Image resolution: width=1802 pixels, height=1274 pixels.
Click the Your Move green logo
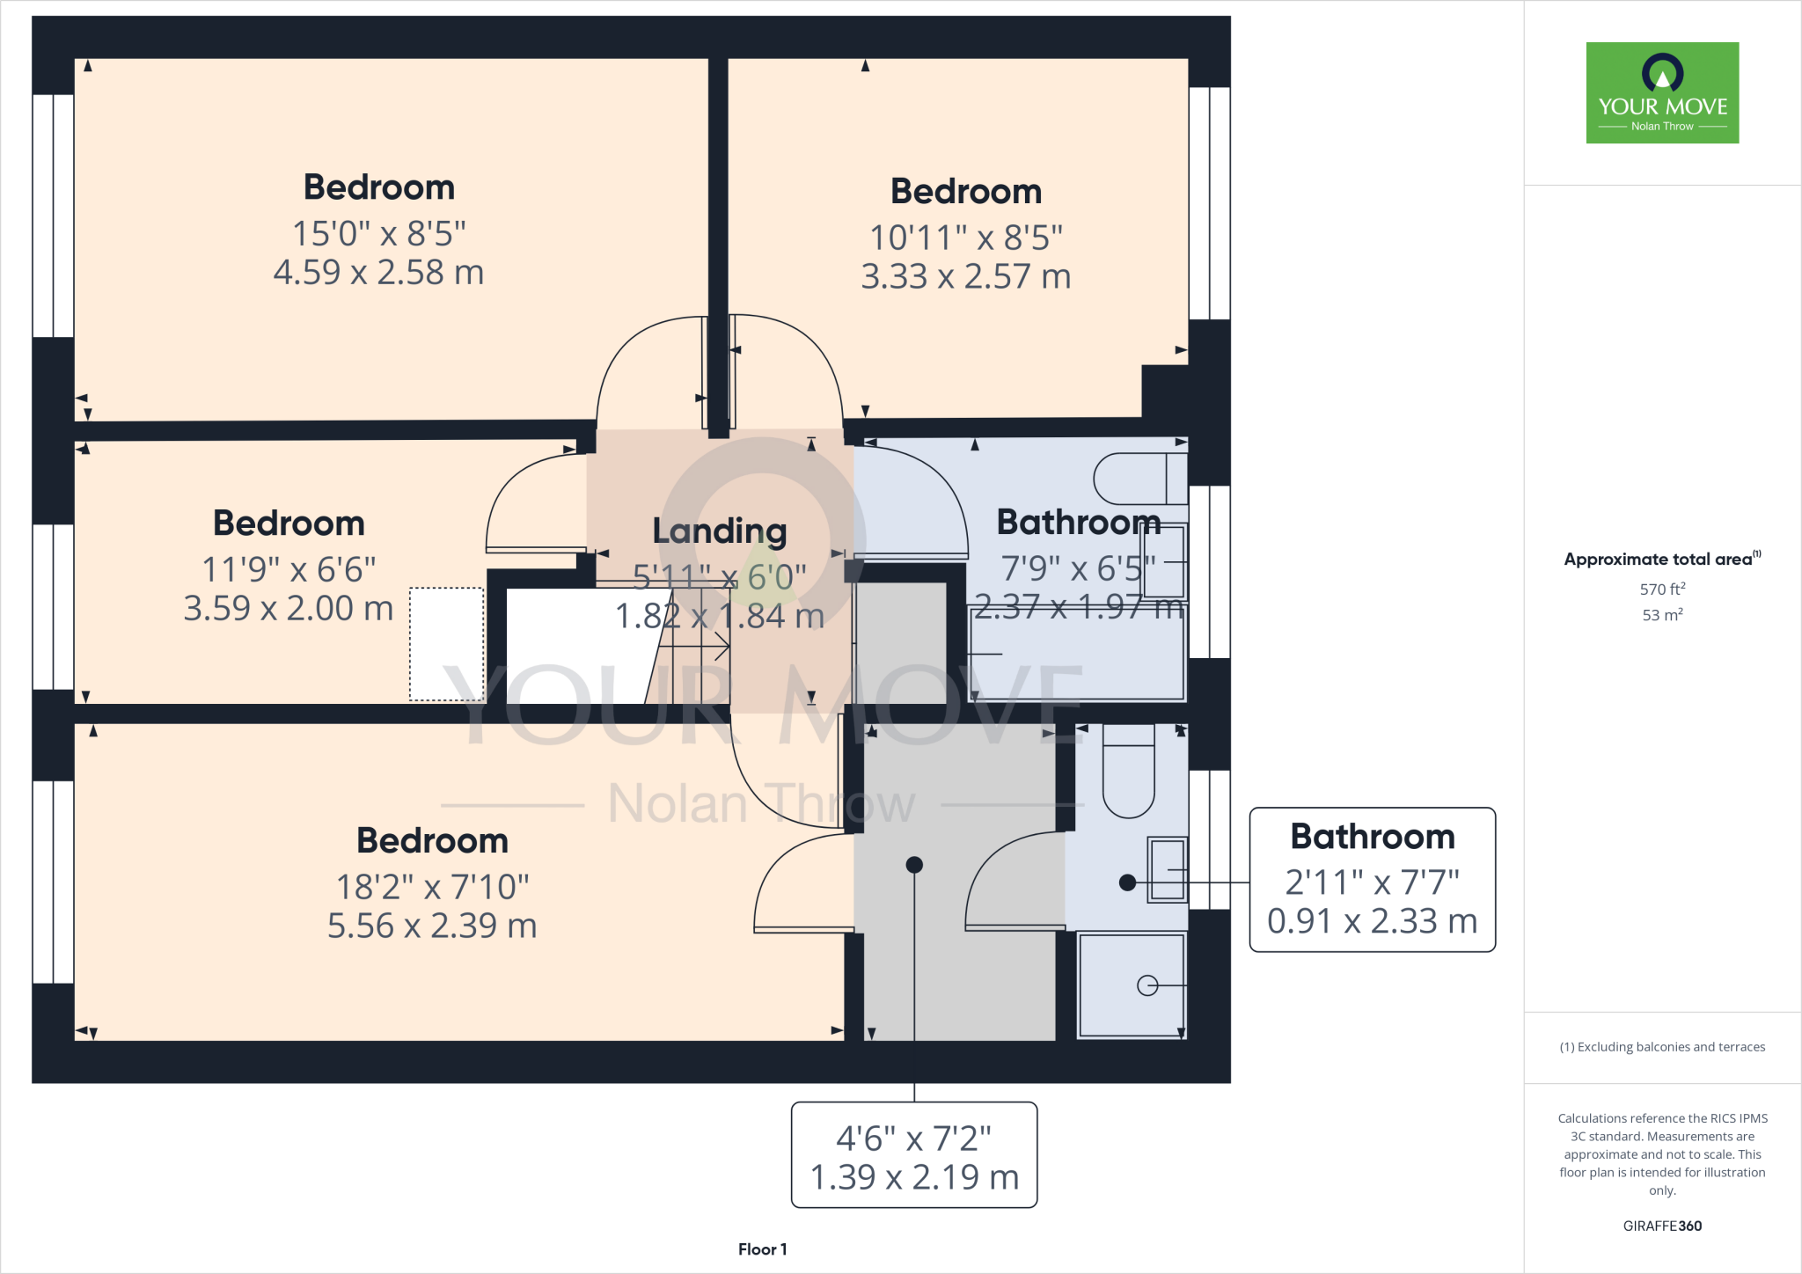point(1662,92)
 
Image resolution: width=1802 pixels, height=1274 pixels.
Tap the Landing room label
point(719,531)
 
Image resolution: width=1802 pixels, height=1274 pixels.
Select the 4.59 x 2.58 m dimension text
point(378,273)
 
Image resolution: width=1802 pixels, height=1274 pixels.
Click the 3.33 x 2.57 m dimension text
point(965,277)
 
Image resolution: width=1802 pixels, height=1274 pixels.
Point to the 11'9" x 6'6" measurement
point(289,569)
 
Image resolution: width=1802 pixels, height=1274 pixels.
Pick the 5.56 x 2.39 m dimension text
point(432,926)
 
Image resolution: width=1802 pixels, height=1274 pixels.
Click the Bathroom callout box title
point(1372,837)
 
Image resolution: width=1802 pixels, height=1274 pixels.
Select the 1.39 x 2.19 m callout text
point(913,1177)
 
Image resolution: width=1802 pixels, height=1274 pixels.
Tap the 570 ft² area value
point(1661,589)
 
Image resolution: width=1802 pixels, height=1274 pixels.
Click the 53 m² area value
point(1661,615)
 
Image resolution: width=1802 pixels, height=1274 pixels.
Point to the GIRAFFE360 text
point(1661,1226)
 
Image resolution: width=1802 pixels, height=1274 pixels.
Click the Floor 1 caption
point(762,1249)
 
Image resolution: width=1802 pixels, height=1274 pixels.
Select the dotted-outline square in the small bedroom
point(447,644)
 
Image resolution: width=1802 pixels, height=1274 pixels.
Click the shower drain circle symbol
point(1147,985)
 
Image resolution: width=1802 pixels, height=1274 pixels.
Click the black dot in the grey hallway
point(914,865)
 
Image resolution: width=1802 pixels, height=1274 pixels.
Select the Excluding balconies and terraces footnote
point(1661,1047)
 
